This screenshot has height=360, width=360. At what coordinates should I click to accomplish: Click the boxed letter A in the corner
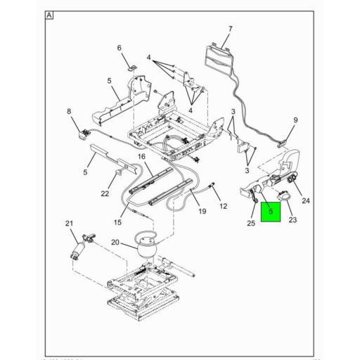click(x=49, y=15)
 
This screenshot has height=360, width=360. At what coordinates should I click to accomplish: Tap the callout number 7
click(x=229, y=29)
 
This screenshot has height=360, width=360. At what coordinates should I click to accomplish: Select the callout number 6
click(x=119, y=48)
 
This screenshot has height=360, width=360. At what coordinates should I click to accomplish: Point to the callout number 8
click(x=69, y=111)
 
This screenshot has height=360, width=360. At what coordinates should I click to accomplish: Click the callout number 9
click(x=295, y=120)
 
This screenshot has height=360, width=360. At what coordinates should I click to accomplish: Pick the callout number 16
click(x=141, y=156)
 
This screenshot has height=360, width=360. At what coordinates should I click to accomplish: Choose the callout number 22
click(x=104, y=194)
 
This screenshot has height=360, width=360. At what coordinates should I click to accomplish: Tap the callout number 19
click(x=201, y=212)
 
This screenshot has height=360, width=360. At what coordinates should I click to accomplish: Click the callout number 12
click(x=224, y=206)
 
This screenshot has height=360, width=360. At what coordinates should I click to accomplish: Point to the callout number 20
click(x=115, y=243)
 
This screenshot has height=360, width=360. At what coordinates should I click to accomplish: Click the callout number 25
click(x=252, y=223)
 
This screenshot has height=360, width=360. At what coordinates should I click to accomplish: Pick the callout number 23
click(x=292, y=219)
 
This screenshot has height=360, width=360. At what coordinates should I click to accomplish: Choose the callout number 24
click(x=306, y=201)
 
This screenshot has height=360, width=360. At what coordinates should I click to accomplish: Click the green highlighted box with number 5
click(x=271, y=212)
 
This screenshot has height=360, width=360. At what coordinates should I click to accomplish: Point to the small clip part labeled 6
click(x=130, y=67)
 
